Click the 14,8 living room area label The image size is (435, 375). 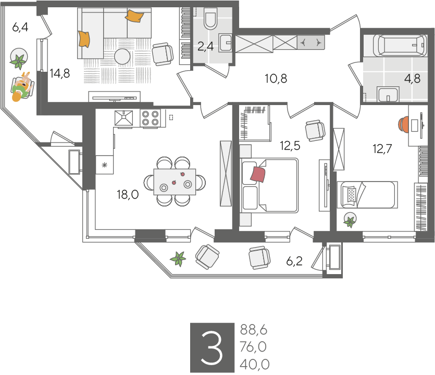pyautogui.click(x=59, y=73)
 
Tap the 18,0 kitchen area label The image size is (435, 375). pyautogui.click(x=128, y=195)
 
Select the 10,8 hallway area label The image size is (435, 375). pyautogui.click(x=276, y=79)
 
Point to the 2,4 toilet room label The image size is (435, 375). pyautogui.click(x=205, y=46)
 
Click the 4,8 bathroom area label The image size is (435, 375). pyautogui.click(x=412, y=79)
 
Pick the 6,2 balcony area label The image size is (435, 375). pyautogui.click(x=294, y=261)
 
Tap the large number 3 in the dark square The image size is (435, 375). pyautogui.click(x=212, y=348)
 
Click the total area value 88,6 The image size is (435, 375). pyautogui.click(x=253, y=330)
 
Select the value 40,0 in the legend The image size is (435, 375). pyautogui.click(x=254, y=364)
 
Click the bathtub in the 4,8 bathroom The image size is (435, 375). pyautogui.click(x=400, y=45)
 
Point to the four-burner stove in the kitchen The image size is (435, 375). pyautogui.click(x=150, y=118)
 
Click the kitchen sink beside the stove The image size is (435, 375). pyautogui.click(x=124, y=118)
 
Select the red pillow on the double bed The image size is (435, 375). pyautogui.click(x=258, y=174)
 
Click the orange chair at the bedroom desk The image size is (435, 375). pyautogui.click(x=403, y=125)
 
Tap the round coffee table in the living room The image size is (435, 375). pyautogui.click(x=122, y=57)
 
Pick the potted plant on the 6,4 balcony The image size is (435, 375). pyautogui.click(x=19, y=59)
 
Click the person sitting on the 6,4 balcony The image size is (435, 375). pyautogui.click(x=22, y=87)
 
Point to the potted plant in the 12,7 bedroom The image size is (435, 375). pyautogui.click(x=350, y=220)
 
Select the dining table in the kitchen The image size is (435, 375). pyautogui.click(x=175, y=182)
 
